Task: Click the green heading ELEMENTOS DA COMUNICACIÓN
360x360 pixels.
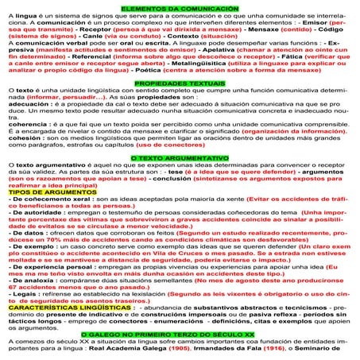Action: pos(179,6)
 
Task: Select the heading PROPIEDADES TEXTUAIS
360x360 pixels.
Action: pos(179,82)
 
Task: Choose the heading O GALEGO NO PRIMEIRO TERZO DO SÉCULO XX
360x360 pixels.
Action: pos(180,335)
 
